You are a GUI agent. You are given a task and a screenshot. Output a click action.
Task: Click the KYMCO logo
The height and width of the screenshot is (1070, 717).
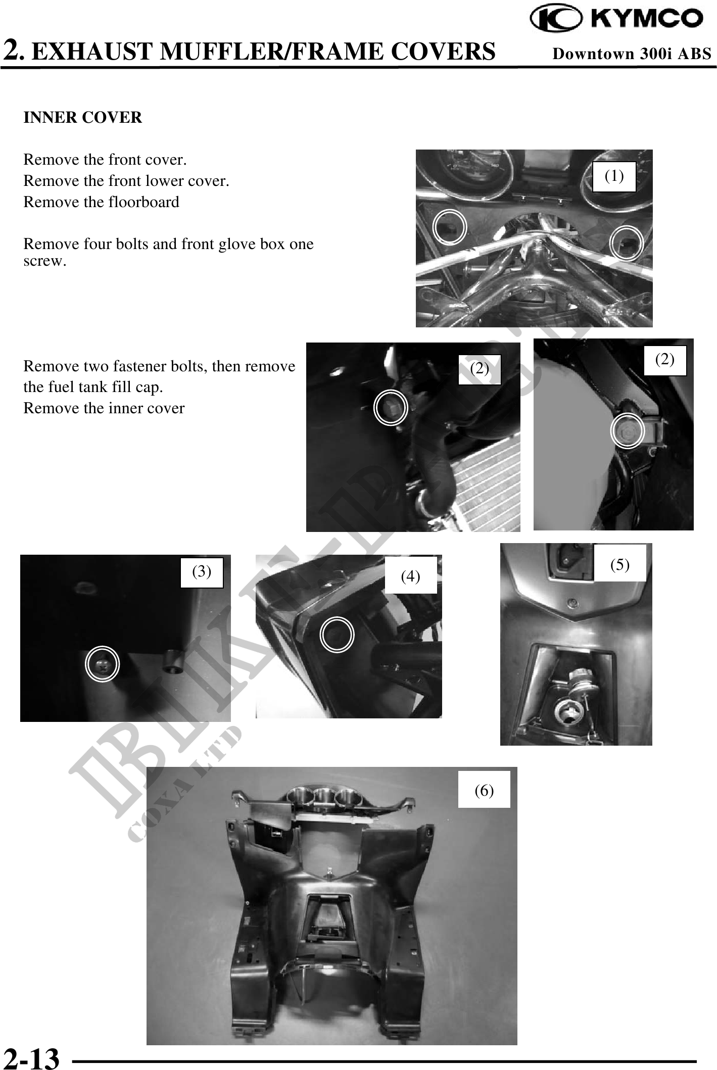[616, 19]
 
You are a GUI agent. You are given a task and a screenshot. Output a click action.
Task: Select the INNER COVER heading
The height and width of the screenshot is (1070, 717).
[83, 118]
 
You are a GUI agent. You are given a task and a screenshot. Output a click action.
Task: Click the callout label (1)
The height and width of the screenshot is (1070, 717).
[614, 176]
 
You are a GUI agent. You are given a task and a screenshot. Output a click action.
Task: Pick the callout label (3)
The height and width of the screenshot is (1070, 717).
[202, 572]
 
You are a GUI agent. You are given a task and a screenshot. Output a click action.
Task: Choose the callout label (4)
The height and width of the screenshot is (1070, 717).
[410, 575]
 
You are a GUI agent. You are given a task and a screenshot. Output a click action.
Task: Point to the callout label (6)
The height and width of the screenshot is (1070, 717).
[484, 790]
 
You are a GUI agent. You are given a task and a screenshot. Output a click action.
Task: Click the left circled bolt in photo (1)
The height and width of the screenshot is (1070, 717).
[450, 227]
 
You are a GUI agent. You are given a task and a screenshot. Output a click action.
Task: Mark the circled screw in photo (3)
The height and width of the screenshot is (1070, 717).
[103, 664]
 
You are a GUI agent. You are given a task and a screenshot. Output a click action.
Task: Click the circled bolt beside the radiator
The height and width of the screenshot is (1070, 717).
[391, 407]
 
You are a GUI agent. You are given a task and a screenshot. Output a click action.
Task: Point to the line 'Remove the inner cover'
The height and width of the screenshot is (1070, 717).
[104, 408]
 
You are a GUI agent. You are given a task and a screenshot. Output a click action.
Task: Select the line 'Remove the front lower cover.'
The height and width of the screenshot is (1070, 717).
[126, 181]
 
